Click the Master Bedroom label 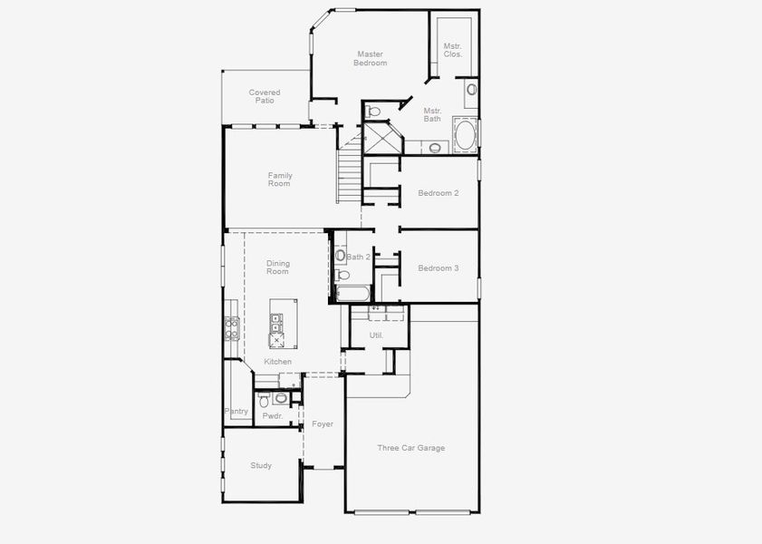(x=371, y=59)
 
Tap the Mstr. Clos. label (x=452, y=50)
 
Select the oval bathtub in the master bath (x=464, y=137)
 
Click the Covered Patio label (x=265, y=96)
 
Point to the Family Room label (x=279, y=180)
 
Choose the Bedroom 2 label (x=438, y=193)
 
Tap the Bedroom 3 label (x=438, y=268)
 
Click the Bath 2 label (x=358, y=257)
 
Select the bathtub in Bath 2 (x=353, y=294)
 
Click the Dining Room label (x=277, y=267)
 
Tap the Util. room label (x=376, y=335)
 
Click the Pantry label (x=236, y=412)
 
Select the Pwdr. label (x=272, y=416)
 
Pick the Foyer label (x=323, y=424)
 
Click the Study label (x=261, y=466)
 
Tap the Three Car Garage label (x=411, y=448)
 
